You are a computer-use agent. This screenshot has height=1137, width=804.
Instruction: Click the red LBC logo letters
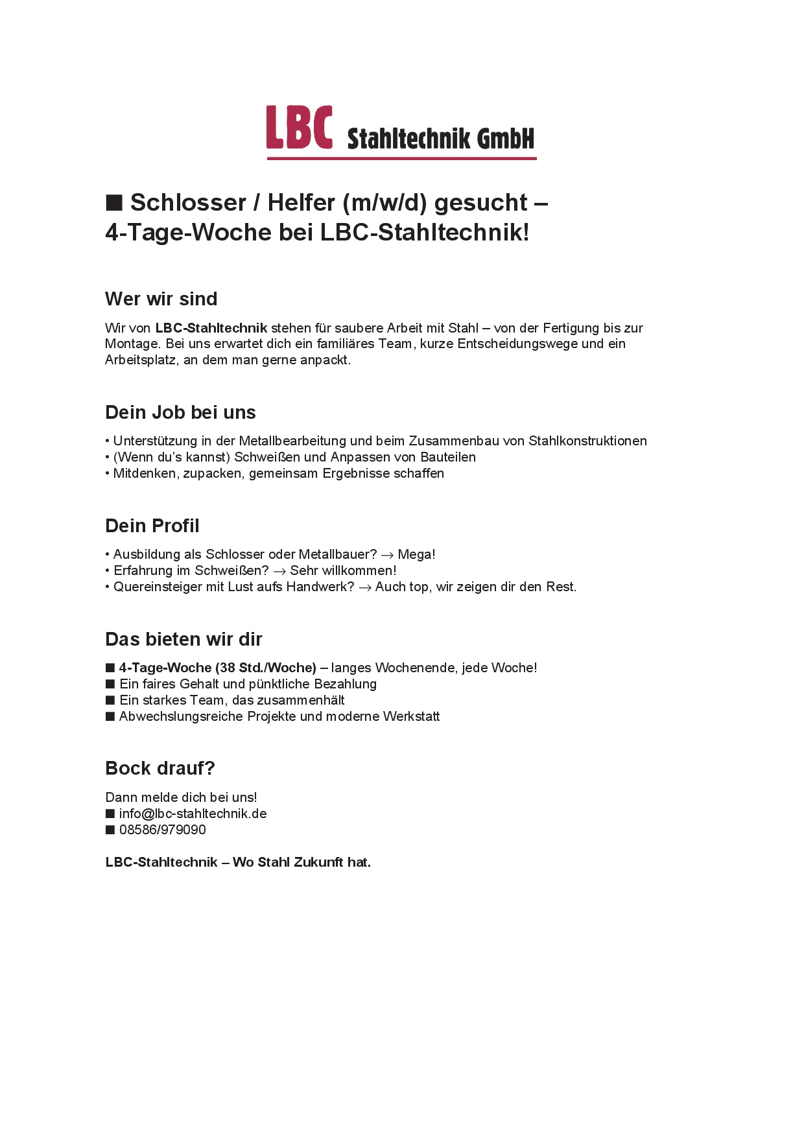pos(299,128)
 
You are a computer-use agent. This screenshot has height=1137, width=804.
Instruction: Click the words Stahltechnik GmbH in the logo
pos(440,138)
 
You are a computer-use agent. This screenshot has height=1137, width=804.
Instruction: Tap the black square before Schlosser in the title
pos(114,203)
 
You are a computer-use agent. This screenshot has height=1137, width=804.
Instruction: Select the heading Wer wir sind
pos(161,299)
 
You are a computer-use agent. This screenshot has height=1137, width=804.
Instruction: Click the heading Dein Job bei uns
pos(180,412)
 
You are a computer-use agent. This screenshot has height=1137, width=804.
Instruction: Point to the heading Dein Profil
pos(152,526)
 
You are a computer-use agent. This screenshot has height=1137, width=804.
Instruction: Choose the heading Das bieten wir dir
pos(183,639)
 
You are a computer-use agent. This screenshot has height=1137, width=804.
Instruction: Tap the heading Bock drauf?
pos(160,768)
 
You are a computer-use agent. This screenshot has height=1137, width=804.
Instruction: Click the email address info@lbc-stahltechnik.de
pos(193,814)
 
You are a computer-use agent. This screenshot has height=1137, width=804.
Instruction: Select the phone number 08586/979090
pos(162,830)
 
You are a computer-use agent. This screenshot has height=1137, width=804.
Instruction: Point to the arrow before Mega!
pos(387,556)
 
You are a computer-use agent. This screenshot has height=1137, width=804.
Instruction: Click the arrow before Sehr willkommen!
pos(279,572)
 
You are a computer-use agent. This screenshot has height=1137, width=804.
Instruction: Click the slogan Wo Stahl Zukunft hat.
pos(301,862)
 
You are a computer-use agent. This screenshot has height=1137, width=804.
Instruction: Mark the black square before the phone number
pos(110,830)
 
